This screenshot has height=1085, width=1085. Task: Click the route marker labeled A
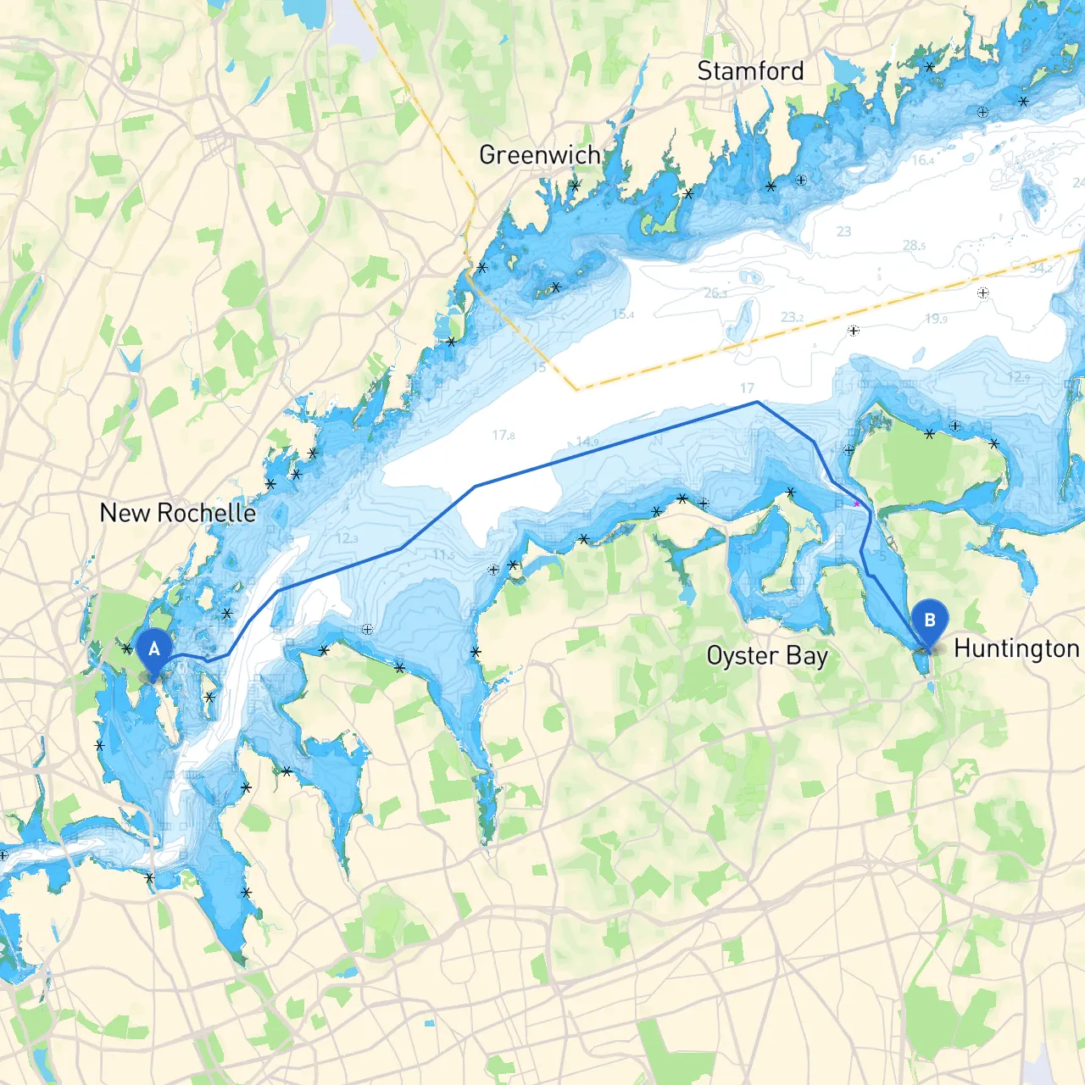pos(153,651)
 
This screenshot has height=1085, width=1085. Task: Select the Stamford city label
pos(750,71)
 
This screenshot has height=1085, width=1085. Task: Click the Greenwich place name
pos(539,155)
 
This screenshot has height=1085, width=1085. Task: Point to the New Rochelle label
pos(178,513)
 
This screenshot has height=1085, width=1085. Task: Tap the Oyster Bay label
pos(767,656)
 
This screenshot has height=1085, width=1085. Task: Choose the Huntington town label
pos(1016,648)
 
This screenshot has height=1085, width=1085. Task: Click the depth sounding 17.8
pos(504,436)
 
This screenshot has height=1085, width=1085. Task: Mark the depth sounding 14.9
pos(587,442)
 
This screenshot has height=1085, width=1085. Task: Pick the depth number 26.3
pos(715,293)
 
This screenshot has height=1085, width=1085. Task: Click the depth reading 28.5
pos(914,246)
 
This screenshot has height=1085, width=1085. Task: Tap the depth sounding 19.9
pos(936,319)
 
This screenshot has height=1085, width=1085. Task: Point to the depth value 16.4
pos(923,160)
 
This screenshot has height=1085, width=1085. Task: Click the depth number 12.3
pos(347,538)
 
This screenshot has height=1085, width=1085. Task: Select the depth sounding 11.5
pos(443,554)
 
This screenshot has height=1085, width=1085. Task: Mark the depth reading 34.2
pos(1041,268)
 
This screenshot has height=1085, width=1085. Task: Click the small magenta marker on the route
pos(857,504)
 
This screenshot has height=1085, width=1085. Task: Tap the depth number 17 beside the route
pos(747,388)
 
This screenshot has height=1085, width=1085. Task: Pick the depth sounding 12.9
pos(1018,377)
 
